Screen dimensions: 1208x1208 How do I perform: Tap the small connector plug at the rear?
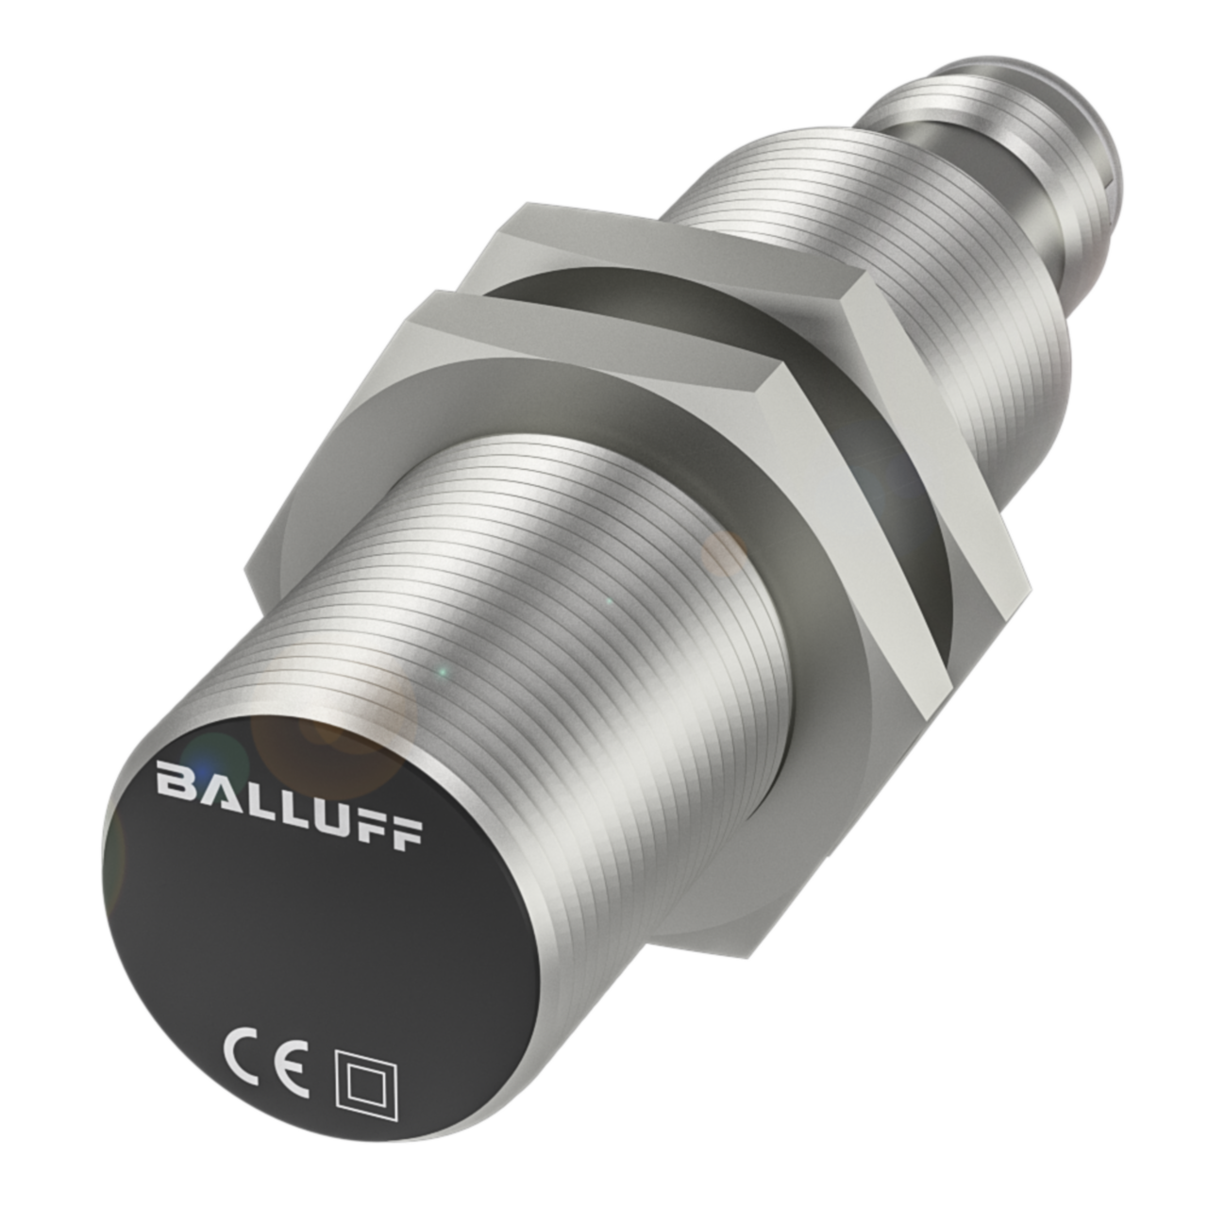[1000, 142]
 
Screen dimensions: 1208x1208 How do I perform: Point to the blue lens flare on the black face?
[203, 755]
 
